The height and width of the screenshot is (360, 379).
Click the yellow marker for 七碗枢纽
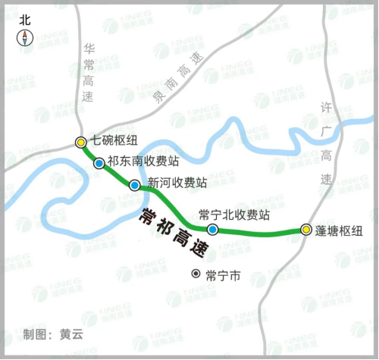80,142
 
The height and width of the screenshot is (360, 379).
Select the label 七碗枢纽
114,140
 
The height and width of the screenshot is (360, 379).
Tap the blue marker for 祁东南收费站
99,163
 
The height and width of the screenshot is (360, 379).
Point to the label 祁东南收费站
143,161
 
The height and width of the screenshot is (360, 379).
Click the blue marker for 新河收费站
134,185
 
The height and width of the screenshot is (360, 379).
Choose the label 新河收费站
177,183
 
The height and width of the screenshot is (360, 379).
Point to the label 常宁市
222,275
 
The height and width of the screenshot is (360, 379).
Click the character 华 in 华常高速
88,49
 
